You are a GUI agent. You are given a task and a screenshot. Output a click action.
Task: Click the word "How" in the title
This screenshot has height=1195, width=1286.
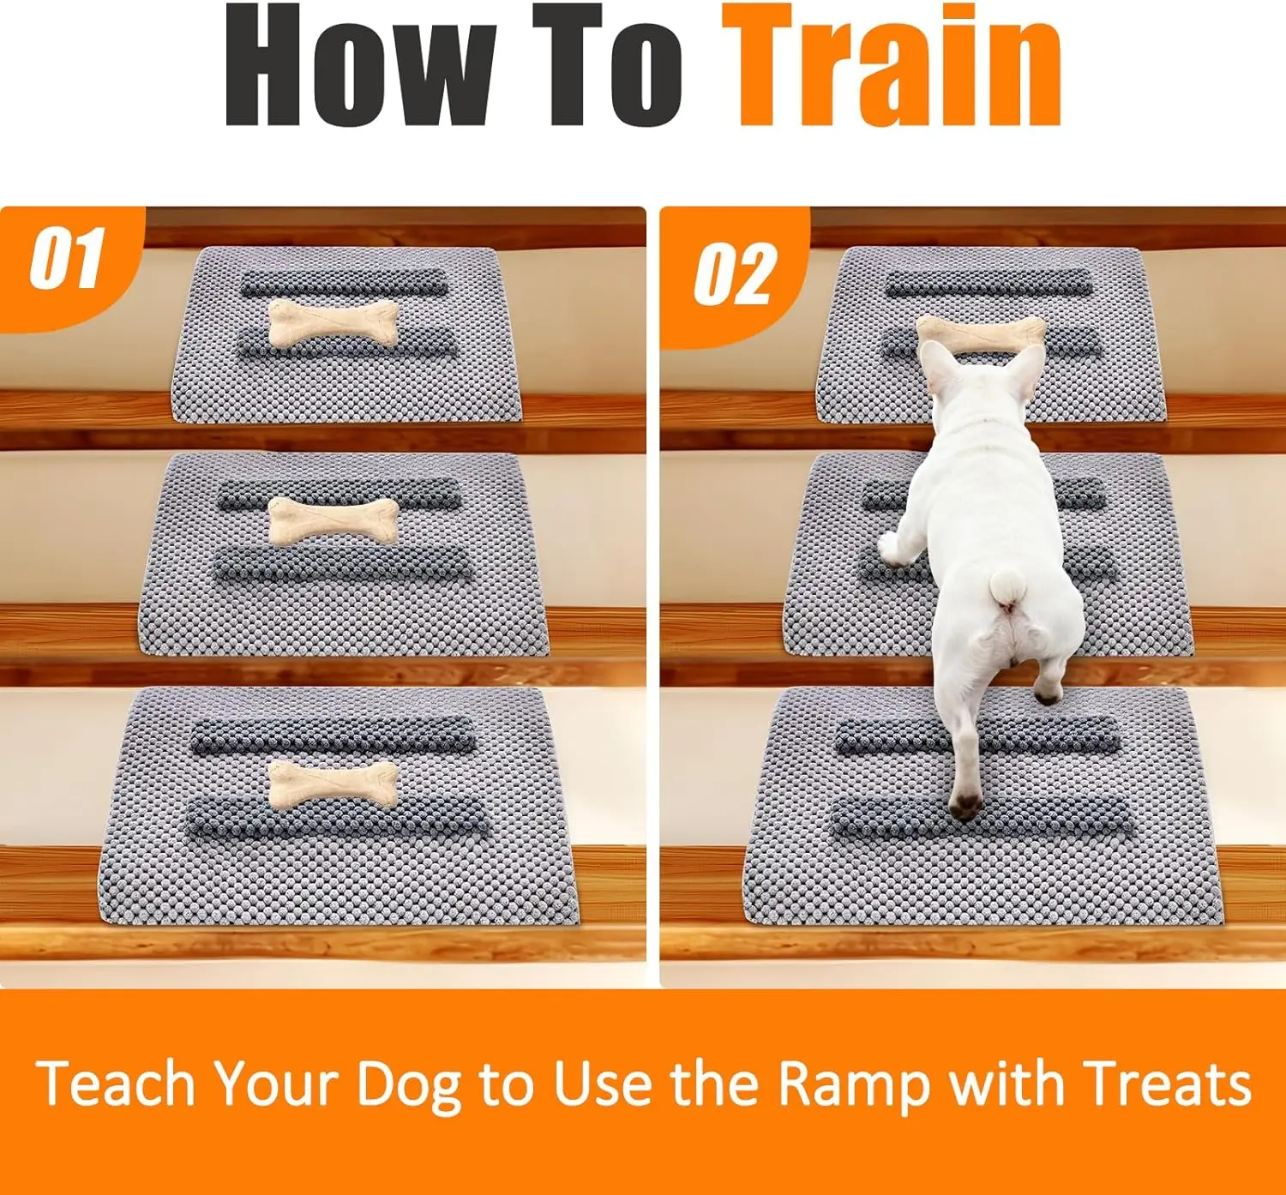[360, 66]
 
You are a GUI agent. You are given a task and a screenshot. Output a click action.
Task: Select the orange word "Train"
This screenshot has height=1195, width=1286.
[892, 66]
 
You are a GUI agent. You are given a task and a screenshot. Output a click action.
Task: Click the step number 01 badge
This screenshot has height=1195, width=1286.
[68, 258]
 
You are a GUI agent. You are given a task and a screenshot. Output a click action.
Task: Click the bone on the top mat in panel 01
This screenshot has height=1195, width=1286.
[333, 323]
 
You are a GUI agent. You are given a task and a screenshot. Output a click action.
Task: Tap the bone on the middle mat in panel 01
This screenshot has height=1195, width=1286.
[333, 520]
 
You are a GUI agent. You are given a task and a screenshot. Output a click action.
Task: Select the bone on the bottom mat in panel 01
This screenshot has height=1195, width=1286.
[333, 784]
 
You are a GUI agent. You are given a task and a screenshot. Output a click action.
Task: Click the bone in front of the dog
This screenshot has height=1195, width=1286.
[981, 333]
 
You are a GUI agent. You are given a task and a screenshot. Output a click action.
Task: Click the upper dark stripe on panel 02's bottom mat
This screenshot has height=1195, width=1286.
[977, 736]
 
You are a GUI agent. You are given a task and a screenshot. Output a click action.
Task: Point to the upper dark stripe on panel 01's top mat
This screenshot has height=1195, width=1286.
[344, 283]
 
